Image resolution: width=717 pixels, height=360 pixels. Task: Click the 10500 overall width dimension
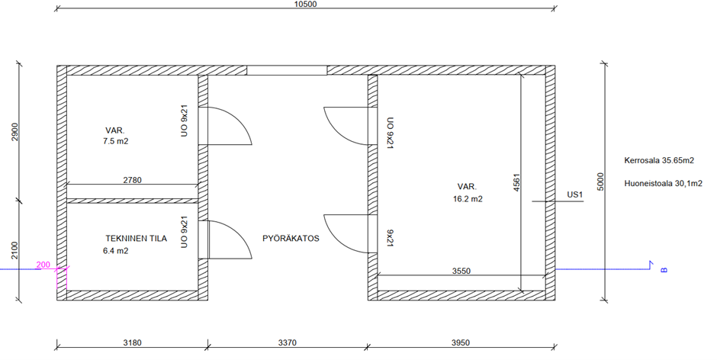305,4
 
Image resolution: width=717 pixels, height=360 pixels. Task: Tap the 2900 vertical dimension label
15,132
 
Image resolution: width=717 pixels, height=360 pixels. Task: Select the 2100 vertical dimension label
15,250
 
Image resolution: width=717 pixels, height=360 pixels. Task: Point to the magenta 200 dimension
43,265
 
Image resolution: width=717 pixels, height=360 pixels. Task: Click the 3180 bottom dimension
133,342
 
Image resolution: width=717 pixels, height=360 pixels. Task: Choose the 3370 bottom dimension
287,342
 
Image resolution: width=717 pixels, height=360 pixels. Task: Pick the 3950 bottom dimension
461,342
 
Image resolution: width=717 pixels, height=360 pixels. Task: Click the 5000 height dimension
601,182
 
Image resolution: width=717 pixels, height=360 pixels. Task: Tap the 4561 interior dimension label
516,182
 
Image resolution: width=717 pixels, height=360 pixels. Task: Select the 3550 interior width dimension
461,271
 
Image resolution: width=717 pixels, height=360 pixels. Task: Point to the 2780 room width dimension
132,180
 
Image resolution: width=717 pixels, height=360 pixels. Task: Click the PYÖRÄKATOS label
291,238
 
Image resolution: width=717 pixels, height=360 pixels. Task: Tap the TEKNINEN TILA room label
137,238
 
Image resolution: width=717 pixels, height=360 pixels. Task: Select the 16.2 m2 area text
468,199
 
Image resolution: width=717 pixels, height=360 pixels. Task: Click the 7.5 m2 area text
116,141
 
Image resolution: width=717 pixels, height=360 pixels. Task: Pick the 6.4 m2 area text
116,251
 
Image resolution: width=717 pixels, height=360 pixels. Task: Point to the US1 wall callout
575,194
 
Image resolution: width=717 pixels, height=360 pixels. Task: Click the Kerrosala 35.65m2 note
659,161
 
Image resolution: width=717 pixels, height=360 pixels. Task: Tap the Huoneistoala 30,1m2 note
663,184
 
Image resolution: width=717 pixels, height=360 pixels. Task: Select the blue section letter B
664,270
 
